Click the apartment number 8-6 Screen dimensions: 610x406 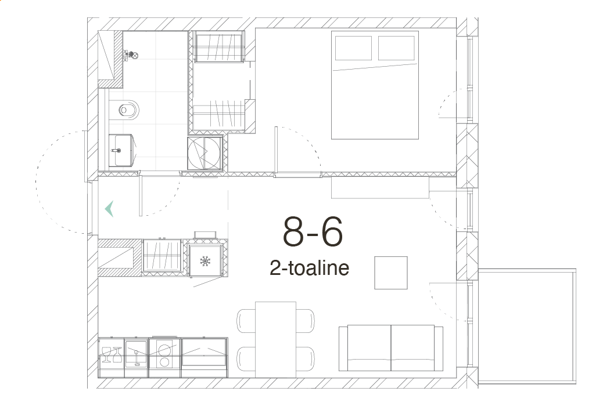pyautogui.click(x=313, y=232)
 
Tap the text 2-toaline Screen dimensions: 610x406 pyautogui.click(x=309, y=268)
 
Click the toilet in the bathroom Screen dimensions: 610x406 pyautogui.click(x=124, y=110)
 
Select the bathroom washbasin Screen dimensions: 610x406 pyautogui.click(x=121, y=150)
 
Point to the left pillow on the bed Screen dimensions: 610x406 pyautogui.click(x=353, y=48)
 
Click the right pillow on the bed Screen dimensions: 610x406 pyautogui.click(x=396, y=48)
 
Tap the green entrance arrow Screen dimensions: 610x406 pyautogui.click(x=109, y=209)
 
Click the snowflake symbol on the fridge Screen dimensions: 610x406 pyautogui.click(x=205, y=261)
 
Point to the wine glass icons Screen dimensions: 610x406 pyautogui.click(x=112, y=355)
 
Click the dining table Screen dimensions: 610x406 pyautogui.click(x=275, y=339)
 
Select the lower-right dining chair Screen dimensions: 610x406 pyautogui.click(x=306, y=358)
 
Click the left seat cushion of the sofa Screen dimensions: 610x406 pyautogui.click(x=369, y=348)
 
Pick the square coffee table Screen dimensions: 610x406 pyautogui.click(x=391, y=273)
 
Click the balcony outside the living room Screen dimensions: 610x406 pyautogui.click(x=527, y=327)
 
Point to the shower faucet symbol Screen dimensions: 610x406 pyautogui.click(x=130, y=56)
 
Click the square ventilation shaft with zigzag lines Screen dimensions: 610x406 pyautogui.click(x=205, y=153)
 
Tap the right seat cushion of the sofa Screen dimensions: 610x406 pyautogui.click(x=412, y=348)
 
